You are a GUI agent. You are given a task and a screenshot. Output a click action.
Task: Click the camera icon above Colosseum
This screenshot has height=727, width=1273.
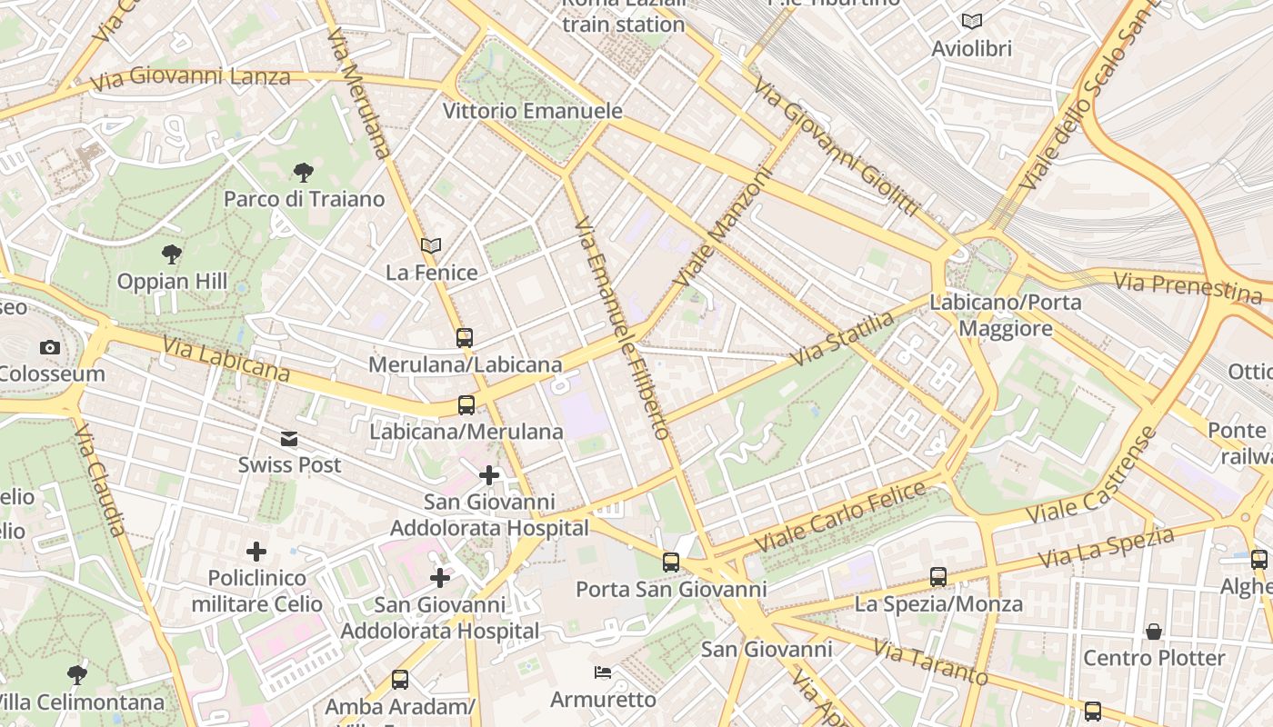pyautogui.click(x=49, y=347)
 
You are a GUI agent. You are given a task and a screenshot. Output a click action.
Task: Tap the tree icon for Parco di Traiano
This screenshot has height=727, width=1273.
pyautogui.click(x=303, y=172)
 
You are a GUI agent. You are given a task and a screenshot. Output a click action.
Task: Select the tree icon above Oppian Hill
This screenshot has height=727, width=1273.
pyautogui.click(x=171, y=254)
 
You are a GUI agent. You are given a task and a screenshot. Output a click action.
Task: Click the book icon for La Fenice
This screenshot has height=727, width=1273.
pyautogui.click(x=431, y=245)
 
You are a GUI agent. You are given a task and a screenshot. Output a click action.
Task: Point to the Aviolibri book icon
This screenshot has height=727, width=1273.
pyautogui.click(x=971, y=21)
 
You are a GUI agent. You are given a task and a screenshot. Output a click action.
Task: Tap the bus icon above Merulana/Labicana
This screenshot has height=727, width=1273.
pyautogui.click(x=465, y=338)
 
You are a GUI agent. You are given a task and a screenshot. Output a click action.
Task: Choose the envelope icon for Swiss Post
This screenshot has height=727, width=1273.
pyautogui.click(x=289, y=439)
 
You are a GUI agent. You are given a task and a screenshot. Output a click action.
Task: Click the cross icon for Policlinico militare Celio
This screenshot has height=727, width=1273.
pyautogui.click(x=256, y=552)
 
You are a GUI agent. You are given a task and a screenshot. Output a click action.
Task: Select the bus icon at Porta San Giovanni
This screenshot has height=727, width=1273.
pyautogui.click(x=671, y=563)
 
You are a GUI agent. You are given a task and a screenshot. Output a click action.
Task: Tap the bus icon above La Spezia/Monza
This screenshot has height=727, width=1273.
pyautogui.click(x=938, y=577)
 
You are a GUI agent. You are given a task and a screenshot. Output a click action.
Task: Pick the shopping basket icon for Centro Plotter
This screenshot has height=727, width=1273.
pyautogui.click(x=1154, y=631)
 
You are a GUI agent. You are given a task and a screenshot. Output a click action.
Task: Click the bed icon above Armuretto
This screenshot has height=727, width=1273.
pyautogui.click(x=602, y=672)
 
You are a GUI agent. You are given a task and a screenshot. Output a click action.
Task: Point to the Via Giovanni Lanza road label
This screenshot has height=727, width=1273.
pyautogui.click(x=190, y=78)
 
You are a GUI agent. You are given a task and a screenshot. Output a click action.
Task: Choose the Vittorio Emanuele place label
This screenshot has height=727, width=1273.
pyautogui.click(x=533, y=111)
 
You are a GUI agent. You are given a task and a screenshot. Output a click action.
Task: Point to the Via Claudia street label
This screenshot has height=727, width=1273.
pyautogui.click(x=100, y=478)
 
